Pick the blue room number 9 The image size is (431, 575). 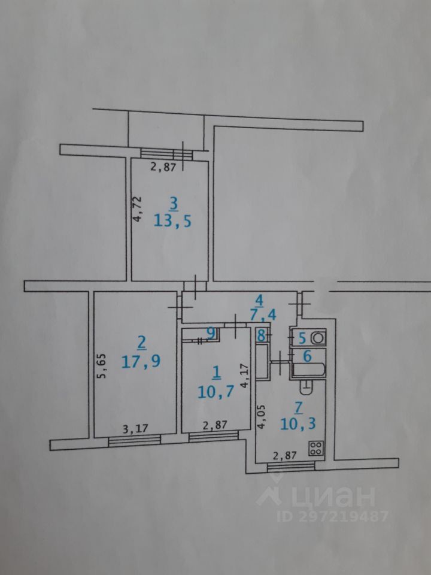click(x=210, y=332)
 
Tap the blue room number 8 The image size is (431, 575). click(x=260, y=337)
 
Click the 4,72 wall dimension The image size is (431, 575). click(x=137, y=208)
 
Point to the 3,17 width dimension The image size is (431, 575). click(x=135, y=428)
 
